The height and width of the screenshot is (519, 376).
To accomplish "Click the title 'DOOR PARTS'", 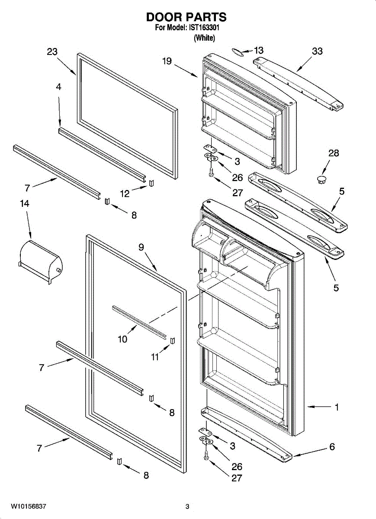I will tap(186, 17).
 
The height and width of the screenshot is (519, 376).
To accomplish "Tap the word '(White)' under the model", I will tap(204, 38).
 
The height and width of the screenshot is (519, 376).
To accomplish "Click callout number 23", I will tap(52, 52).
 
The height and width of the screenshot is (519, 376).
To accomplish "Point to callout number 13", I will tap(258, 51).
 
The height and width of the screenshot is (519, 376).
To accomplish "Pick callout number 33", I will tap(317, 51).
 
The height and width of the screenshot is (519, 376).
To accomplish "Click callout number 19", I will tap(167, 61).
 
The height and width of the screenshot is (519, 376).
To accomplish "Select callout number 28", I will tap(334, 153).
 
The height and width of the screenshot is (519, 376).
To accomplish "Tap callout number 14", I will tap(25, 203).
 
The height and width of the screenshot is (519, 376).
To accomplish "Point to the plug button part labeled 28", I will tap(321, 179).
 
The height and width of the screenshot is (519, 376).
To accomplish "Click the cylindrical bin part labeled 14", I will tap(40, 261).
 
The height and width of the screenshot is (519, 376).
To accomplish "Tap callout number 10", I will tap(123, 339).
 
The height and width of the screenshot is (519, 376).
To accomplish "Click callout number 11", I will tap(154, 357).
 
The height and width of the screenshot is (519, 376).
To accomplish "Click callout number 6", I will tap(332, 447).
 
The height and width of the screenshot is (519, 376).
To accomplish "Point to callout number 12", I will tap(125, 194).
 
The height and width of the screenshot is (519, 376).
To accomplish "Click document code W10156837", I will tap(29, 506).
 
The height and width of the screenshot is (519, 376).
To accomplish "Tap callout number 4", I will tap(58, 86).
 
